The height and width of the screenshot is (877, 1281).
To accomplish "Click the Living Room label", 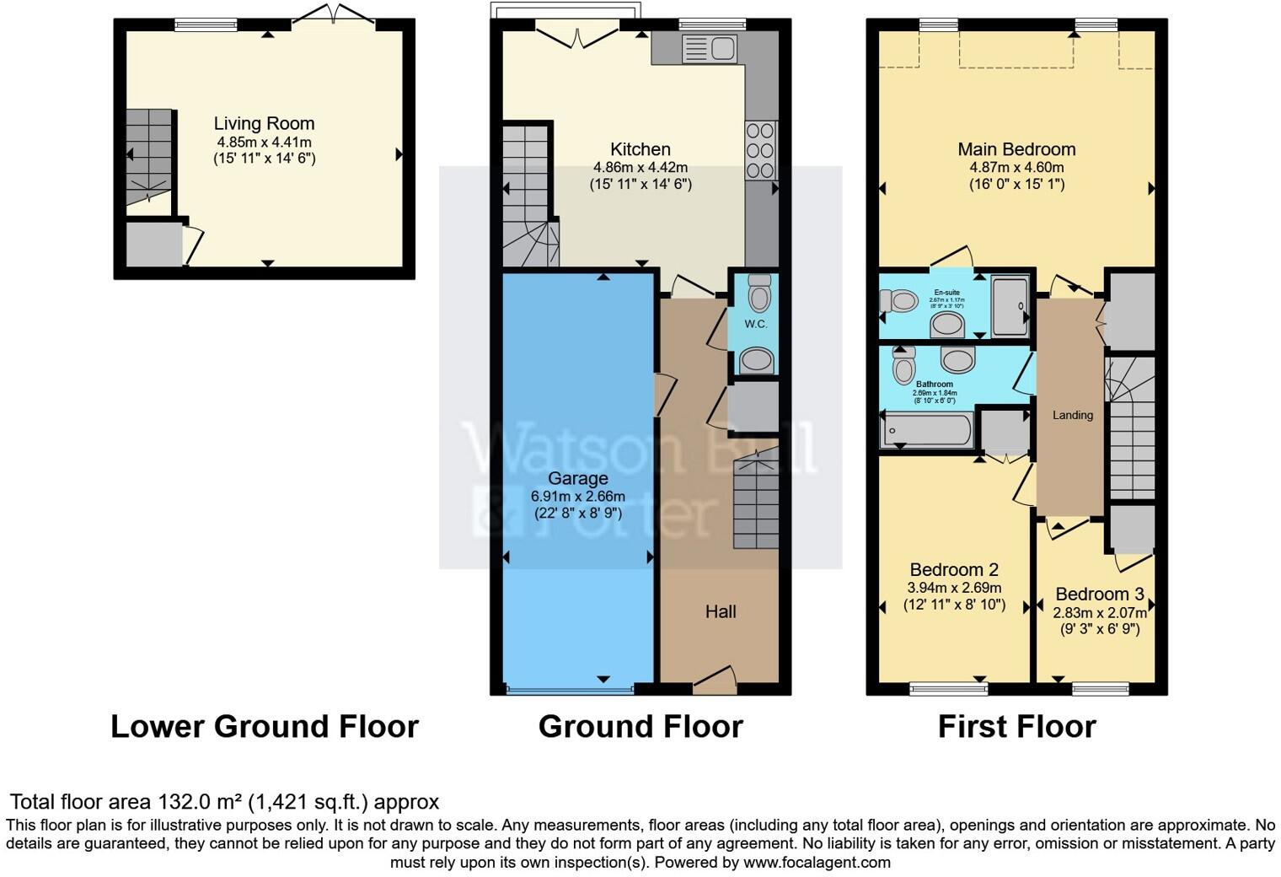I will click(x=264, y=124).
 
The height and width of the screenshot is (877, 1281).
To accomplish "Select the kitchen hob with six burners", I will click(x=760, y=150).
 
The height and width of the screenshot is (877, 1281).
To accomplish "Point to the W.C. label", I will click(x=756, y=324).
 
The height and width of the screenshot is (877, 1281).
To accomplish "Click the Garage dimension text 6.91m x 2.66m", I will click(x=578, y=497).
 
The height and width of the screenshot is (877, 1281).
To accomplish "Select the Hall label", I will click(x=721, y=611).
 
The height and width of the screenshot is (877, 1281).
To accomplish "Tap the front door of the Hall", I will click(x=714, y=681).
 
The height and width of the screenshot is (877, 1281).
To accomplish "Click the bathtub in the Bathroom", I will click(x=926, y=430).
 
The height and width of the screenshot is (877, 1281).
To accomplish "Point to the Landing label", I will click(x=1072, y=415).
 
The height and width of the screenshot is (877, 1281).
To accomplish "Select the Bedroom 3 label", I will click(x=1099, y=594).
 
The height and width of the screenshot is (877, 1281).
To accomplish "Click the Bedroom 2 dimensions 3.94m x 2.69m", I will click(x=954, y=588).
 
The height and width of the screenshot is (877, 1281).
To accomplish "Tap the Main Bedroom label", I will click(x=1016, y=149).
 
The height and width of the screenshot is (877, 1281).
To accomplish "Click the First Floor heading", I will click(x=1016, y=726).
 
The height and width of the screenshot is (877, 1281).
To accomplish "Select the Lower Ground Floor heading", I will click(x=265, y=726).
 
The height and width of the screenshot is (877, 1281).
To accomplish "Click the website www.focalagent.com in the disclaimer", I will click(x=816, y=862).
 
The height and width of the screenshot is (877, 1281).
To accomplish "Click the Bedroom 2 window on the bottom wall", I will click(x=948, y=689).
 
